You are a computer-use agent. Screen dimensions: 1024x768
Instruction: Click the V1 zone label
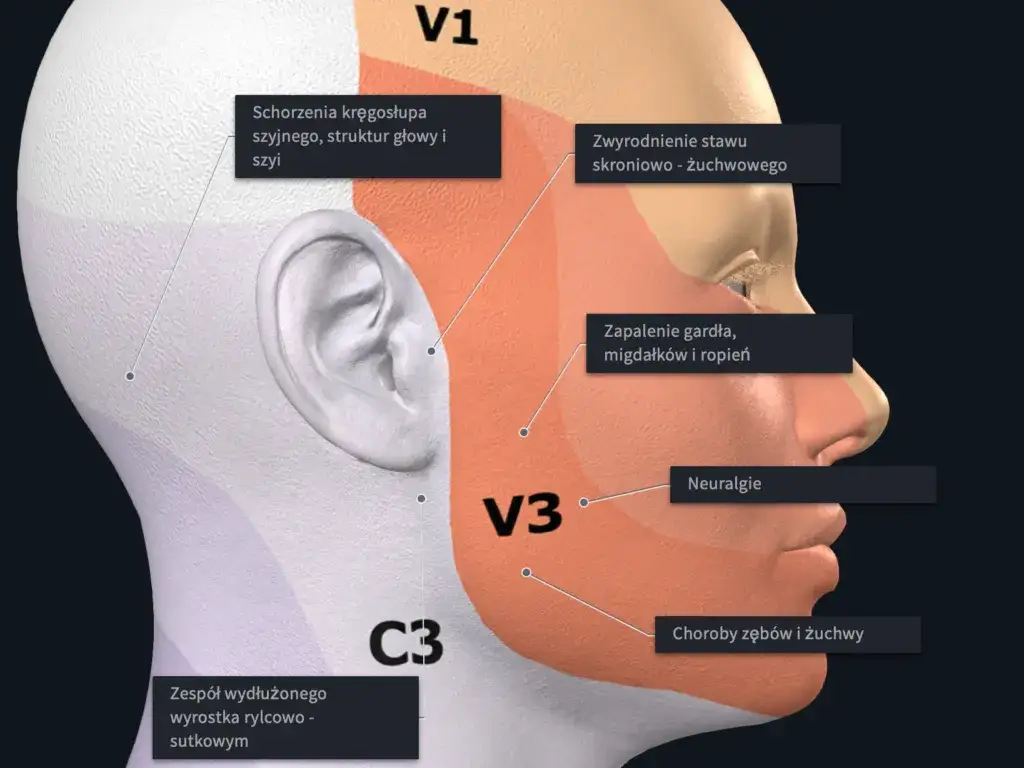447,25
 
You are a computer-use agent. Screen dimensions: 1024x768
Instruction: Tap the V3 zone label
522,515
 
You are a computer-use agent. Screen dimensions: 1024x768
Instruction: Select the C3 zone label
406,643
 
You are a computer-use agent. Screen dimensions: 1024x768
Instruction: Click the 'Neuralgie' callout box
803,484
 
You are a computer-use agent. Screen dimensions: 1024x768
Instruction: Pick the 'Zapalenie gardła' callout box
719,344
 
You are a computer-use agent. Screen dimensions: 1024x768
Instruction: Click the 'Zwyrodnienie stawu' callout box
707,153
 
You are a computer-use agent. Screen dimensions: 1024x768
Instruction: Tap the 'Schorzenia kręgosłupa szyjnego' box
368,136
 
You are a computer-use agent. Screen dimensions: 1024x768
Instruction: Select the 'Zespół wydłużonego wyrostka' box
285,717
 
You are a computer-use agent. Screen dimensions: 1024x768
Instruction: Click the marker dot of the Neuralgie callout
584,502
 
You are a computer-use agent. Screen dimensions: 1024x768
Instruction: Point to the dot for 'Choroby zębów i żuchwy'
526,573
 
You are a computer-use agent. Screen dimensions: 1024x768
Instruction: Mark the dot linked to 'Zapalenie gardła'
524,432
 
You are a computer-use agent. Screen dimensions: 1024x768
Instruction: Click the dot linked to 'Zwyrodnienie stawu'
432,351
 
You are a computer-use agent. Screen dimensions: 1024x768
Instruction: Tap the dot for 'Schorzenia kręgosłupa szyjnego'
130,376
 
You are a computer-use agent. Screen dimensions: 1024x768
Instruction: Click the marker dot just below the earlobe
421,498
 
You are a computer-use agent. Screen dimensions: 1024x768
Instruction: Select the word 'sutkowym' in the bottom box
209,741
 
